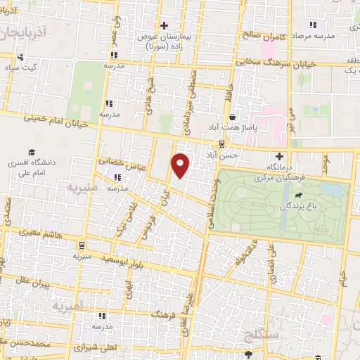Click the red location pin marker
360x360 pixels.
coord(181,165)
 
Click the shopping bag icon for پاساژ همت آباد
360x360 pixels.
coord(231,117)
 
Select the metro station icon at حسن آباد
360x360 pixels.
coord(222,143)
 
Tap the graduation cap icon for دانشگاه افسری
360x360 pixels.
coord(32,152)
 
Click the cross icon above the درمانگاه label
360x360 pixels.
coord(281,155)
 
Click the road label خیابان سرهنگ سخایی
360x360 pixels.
coord(275,62)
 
